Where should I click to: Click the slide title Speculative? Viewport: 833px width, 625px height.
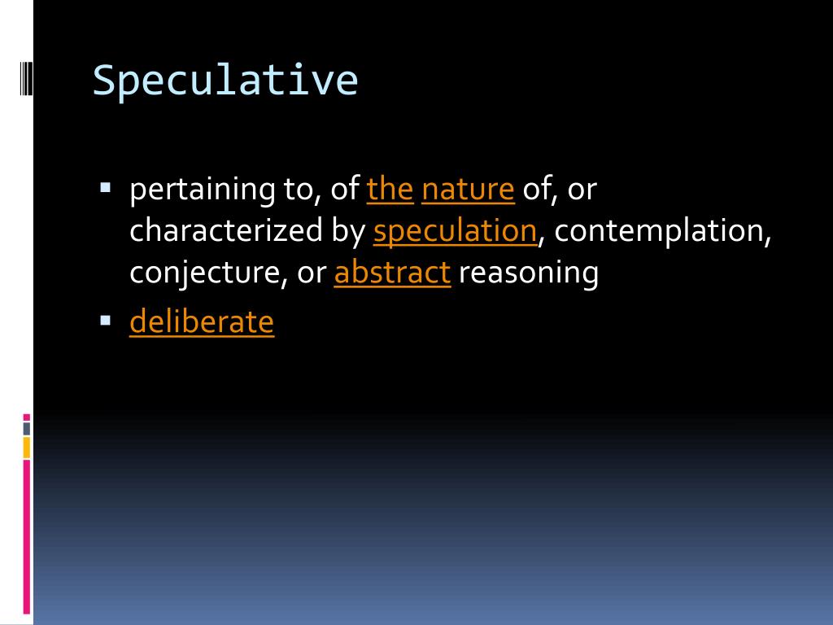coord(225,81)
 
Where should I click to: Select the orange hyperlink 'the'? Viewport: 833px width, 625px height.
coord(390,189)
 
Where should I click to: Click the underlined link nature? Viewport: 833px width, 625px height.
coord(468,190)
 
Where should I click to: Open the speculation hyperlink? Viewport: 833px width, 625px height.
coord(455,232)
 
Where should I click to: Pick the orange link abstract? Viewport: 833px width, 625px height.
coord(392,273)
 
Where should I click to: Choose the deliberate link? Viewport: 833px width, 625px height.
coord(202,321)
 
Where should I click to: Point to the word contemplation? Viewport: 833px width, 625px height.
coord(663,232)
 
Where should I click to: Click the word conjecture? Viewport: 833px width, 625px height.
coord(203,273)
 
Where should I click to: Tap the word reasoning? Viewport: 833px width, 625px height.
coord(528,273)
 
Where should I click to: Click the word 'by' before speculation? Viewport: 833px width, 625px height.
coord(349,232)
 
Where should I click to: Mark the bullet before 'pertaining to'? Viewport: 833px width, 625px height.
coord(105,186)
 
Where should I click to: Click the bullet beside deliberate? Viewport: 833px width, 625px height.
coord(105,319)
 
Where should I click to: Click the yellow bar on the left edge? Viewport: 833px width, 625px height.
coord(27,447)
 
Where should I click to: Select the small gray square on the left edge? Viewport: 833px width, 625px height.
coord(27,428)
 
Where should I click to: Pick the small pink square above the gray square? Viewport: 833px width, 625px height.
coord(27,417)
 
